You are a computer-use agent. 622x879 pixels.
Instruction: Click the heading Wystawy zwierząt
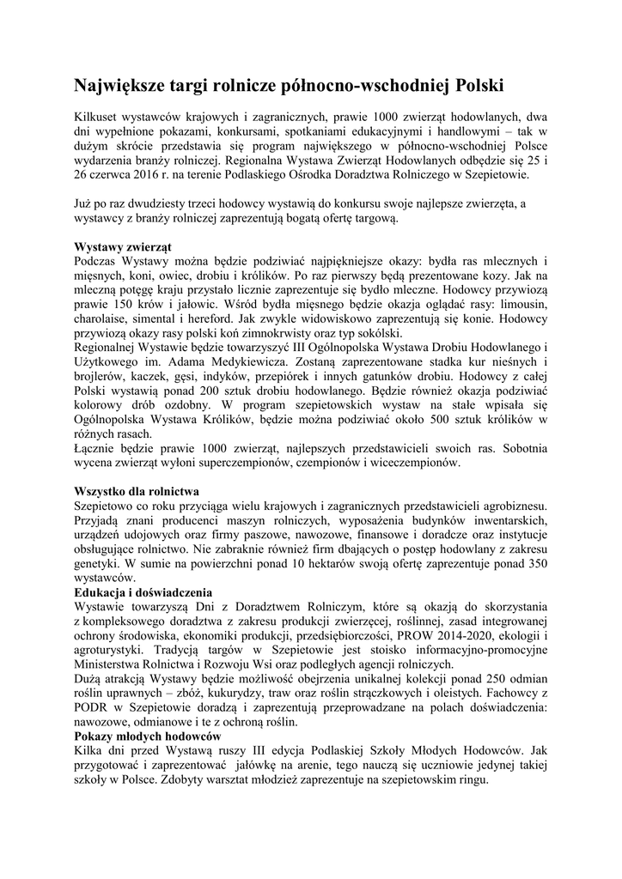point(123,245)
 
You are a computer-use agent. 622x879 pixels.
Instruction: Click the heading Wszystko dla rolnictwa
point(137,492)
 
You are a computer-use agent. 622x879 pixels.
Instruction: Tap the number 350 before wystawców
point(534,566)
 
